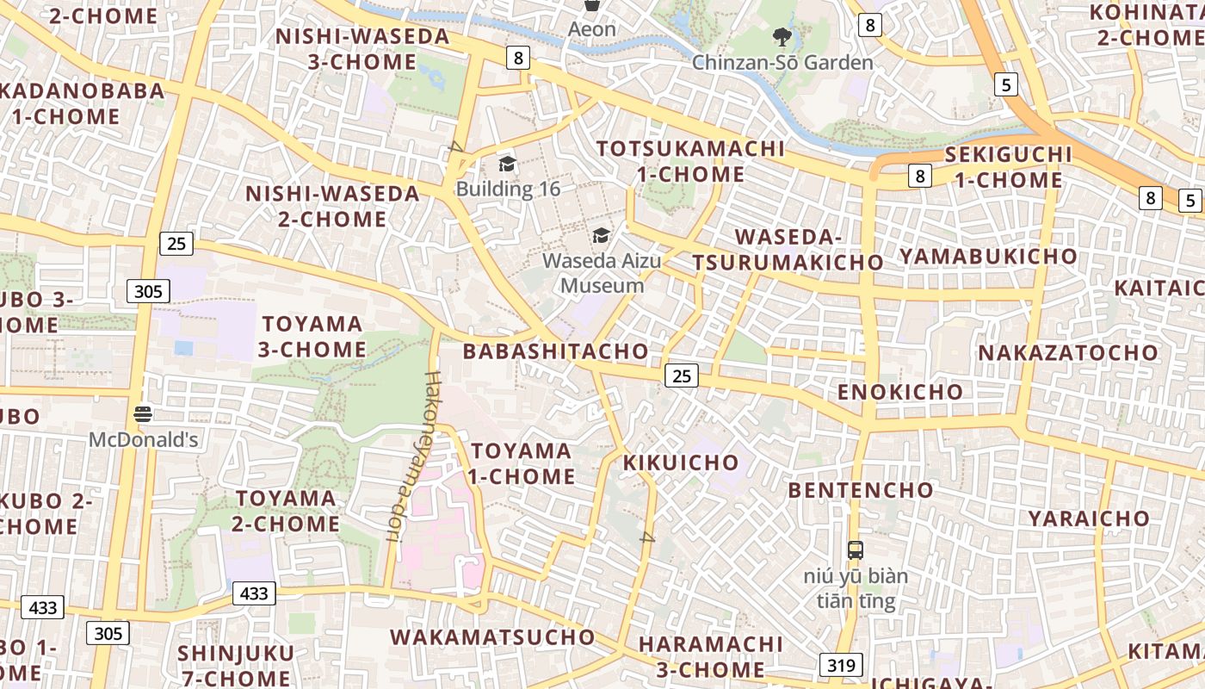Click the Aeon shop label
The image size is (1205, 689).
click(592, 29)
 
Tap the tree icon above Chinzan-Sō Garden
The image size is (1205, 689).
click(782, 37)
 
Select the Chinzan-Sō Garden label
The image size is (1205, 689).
click(782, 63)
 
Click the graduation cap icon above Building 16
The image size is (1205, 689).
click(508, 164)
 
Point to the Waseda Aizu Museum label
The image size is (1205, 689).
click(602, 273)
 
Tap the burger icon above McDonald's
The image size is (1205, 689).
click(143, 414)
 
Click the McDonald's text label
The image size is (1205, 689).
click(144, 440)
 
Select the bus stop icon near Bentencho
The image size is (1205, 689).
click(856, 549)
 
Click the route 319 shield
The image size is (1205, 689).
click(840, 665)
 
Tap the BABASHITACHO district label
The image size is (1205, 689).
click(555, 351)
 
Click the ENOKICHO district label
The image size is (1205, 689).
click(900, 393)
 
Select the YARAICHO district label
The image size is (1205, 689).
click(1089, 518)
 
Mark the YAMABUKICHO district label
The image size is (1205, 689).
click(988, 256)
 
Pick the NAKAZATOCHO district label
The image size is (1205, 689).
click(1068, 353)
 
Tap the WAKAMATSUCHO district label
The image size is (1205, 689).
click(492, 637)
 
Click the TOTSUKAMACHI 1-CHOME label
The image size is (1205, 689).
click(691, 161)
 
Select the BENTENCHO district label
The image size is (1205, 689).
click(861, 490)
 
